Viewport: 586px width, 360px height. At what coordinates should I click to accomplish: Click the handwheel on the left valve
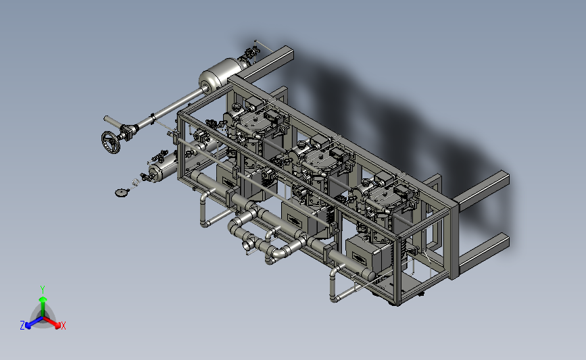tap(111, 143)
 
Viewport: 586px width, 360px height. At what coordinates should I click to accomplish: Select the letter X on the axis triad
tap(63, 326)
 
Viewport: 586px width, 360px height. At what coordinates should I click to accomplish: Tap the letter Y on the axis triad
tap(43, 290)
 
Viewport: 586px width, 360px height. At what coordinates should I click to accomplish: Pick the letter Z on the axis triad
tap(22, 326)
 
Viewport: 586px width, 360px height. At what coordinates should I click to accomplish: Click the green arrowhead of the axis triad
tap(43, 299)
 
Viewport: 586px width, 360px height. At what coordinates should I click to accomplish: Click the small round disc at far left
tap(121, 192)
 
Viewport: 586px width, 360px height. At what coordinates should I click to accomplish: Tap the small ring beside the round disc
tap(135, 182)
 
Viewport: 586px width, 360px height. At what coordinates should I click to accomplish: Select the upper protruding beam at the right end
tap(483, 190)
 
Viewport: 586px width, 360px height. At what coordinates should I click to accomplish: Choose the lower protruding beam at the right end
tap(483, 253)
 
